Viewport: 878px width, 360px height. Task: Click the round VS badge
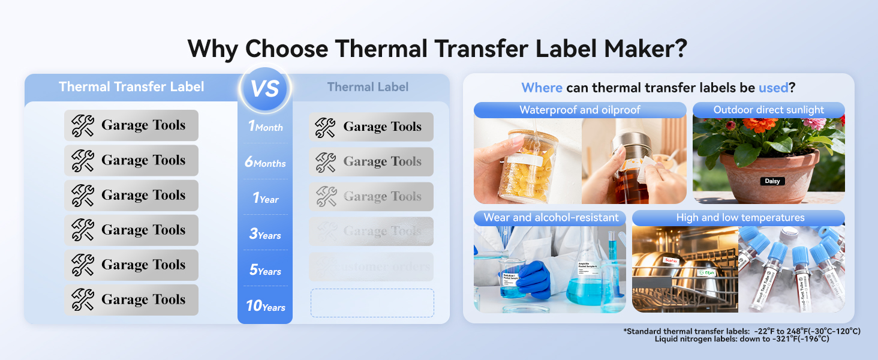[264, 89]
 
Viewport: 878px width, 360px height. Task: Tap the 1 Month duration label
[265, 127]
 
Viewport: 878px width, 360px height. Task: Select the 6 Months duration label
[265, 163]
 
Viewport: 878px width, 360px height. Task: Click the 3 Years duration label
[265, 235]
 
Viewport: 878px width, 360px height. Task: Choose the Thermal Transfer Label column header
[131, 86]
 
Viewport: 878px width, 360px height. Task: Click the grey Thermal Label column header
[368, 86]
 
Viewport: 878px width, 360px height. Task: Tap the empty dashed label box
[372, 303]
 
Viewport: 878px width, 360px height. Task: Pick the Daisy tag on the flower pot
[772, 181]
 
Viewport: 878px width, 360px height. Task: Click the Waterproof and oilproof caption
[579, 110]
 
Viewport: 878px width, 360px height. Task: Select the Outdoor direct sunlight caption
[768, 110]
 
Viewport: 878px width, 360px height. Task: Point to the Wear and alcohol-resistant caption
[551, 217]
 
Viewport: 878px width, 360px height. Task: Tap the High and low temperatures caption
[740, 217]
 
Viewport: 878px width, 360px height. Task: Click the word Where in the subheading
[542, 88]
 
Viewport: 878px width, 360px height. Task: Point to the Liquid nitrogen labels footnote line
[742, 339]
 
